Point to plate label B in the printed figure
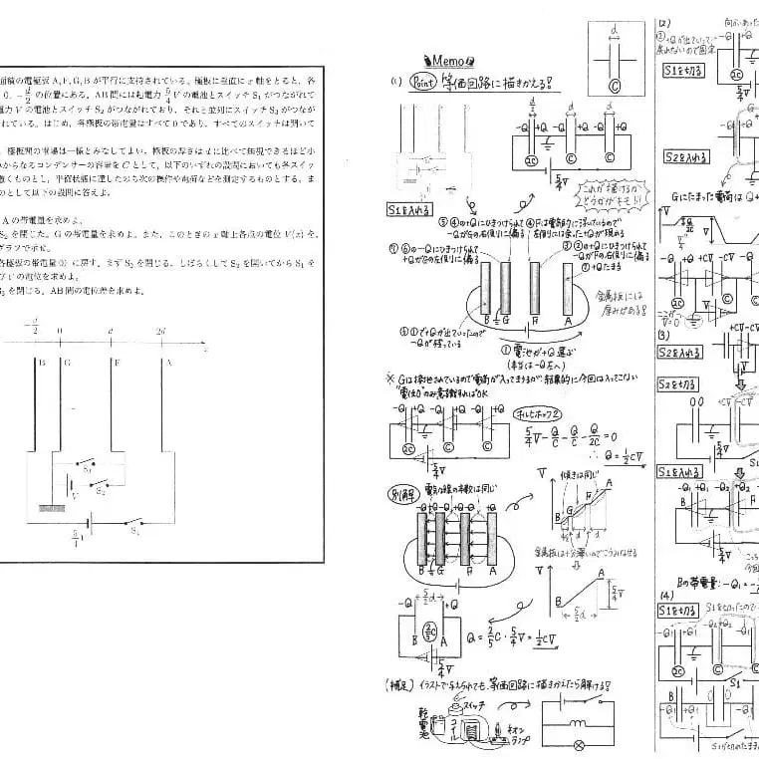point(41,363)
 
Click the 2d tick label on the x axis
point(162,330)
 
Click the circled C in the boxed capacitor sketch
point(614,87)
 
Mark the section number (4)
point(664,593)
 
